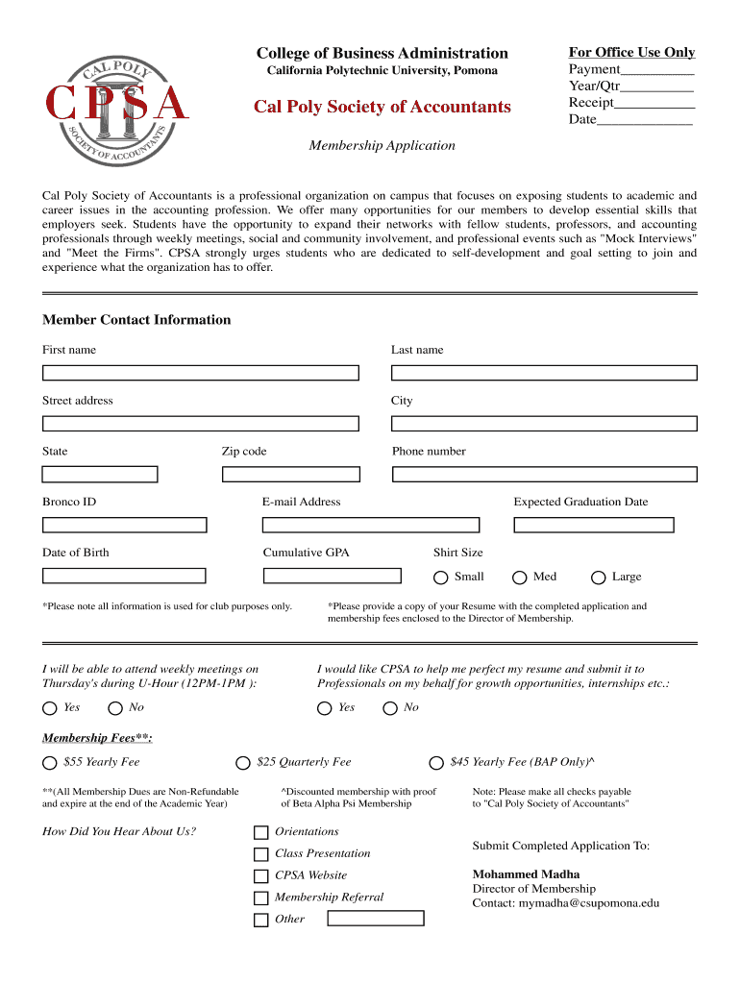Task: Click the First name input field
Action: pyautogui.click(x=200, y=373)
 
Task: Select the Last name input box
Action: pyautogui.click(x=544, y=373)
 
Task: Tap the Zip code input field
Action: pyautogui.click(x=290, y=474)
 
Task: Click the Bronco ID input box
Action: pyautogui.click(x=124, y=525)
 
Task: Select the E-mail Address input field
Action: pyautogui.click(x=370, y=525)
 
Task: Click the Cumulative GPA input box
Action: pyautogui.click(x=332, y=576)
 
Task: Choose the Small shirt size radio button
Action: pyautogui.click(x=440, y=578)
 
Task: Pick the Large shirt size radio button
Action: pyautogui.click(x=598, y=578)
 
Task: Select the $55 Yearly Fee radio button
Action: pyautogui.click(x=50, y=763)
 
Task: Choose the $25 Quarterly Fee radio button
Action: pyautogui.click(x=243, y=763)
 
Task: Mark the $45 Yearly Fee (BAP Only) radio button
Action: pyautogui.click(x=436, y=763)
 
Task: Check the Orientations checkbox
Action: pyautogui.click(x=260, y=832)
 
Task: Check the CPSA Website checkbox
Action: pyautogui.click(x=260, y=876)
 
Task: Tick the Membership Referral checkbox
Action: pyautogui.click(x=260, y=898)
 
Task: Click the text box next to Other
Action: pyautogui.click(x=375, y=919)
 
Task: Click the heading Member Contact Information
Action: pyautogui.click(x=136, y=320)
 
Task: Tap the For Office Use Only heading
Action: pyautogui.click(x=631, y=53)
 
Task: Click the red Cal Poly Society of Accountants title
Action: pyautogui.click(x=382, y=107)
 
